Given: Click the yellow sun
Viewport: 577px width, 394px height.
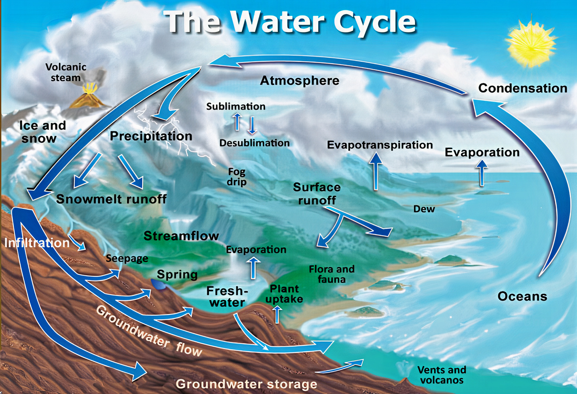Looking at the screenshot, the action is pyautogui.click(x=531, y=44).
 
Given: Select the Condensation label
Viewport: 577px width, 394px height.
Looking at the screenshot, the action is pyautogui.click(x=523, y=88).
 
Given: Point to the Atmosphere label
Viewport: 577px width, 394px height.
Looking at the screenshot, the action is pyautogui.click(x=300, y=81).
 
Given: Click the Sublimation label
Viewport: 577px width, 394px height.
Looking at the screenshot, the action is pyautogui.click(x=236, y=106).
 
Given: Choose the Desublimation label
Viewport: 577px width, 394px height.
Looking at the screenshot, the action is pyautogui.click(x=254, y=143).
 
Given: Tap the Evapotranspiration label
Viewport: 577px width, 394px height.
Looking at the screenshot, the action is pyautogui.click(x=380, y=145).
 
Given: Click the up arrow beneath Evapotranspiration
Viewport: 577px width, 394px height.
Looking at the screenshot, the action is pyautogui.click(x=376, y=171).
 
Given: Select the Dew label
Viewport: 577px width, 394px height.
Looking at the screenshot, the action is pyautogui.click(x=424, y=209).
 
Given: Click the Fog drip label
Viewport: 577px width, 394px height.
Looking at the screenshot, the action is pyautogui.click(x=237, y=177).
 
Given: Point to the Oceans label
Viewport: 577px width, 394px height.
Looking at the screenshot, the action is pyautogui.click(x=522, y=296).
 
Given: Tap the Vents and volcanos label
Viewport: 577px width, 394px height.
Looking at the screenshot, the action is pyautogui.click(x=442, y=375).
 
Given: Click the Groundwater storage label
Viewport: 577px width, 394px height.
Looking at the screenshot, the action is pyautogui.click(x=247, y=384).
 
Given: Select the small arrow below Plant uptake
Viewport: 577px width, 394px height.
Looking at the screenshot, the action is pyautogui.click(x=277, y=314).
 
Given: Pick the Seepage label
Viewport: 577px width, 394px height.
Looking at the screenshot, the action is pyautogui.click(x=127, y=258).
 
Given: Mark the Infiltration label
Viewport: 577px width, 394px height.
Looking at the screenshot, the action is pyautogui.click(x=37, y=243).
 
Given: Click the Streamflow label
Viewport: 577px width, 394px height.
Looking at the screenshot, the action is pyautogui.click(x=181, y=236).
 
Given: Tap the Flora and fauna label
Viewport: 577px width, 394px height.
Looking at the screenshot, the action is pyautogui.click(x=332, y=274).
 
